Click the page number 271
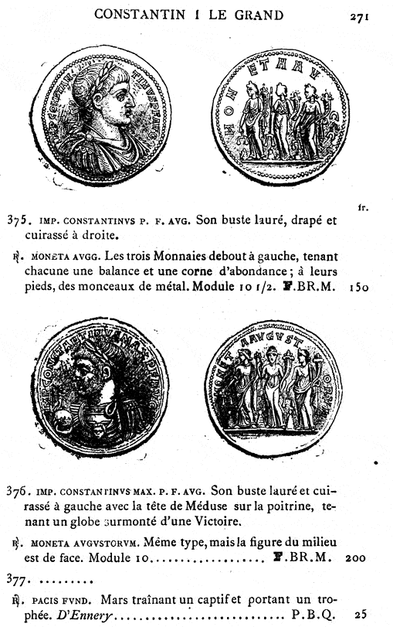[370, 14]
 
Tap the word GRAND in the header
[261, 14]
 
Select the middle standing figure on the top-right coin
[280, 121]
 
